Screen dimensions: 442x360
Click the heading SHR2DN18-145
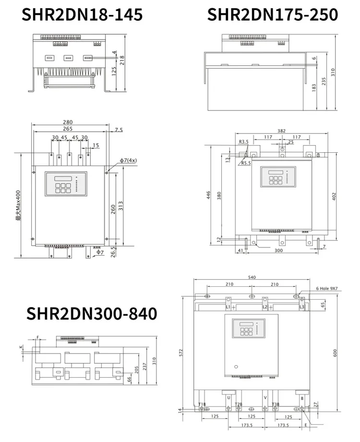tap(83, 14)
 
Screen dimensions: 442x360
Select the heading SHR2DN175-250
tap(272, 14)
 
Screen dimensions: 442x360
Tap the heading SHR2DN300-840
tap(92, 314)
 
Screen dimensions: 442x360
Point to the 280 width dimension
tap(68, 123)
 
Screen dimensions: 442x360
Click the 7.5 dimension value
tap(119, 130)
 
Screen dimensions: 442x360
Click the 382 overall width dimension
tap(282, 131)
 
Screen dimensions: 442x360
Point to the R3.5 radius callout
tap(244, 142)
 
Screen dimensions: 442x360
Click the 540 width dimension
tap(252, 277)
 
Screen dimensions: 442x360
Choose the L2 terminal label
tap(265, 307)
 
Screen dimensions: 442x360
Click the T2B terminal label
tap(239, 405)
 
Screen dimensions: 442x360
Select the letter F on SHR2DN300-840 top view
tap(38, 338)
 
